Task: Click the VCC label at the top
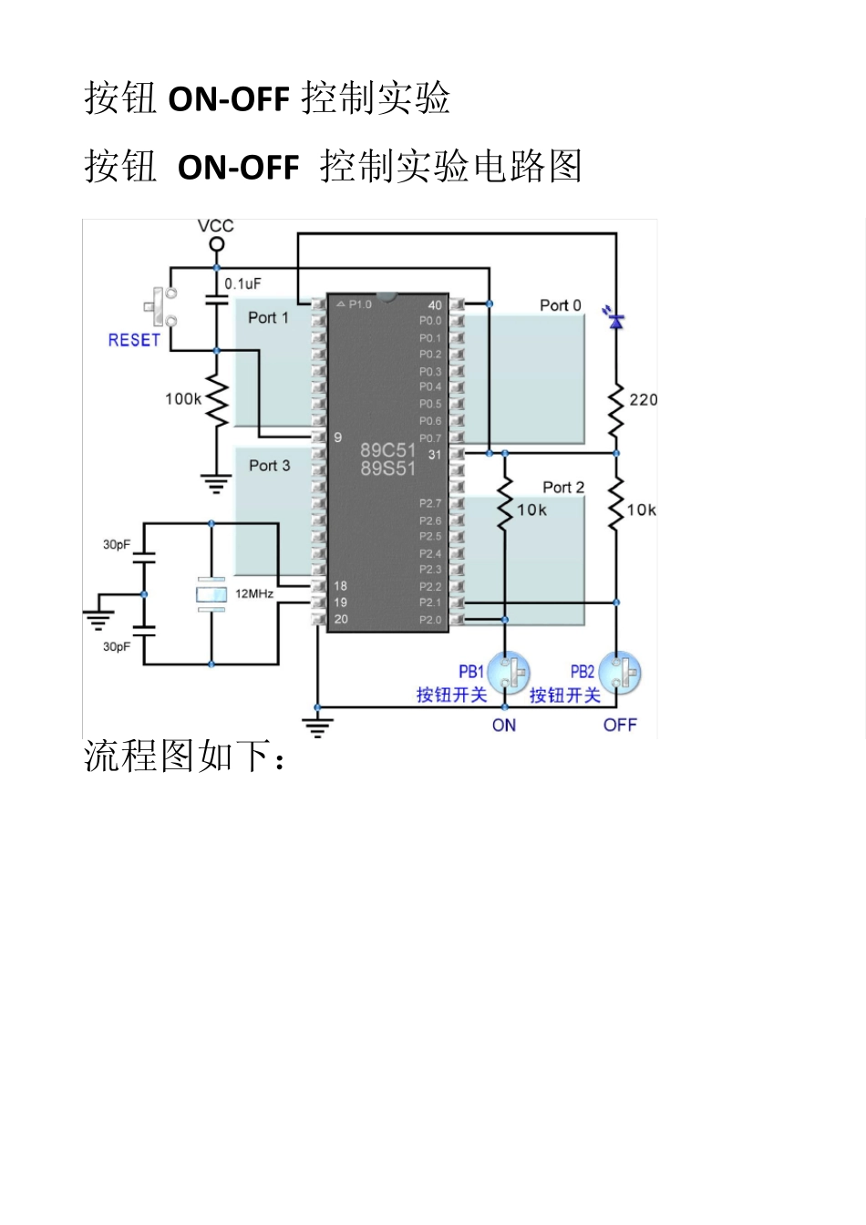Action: pos(216,226)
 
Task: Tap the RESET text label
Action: pos(134,340)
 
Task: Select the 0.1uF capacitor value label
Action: pos(243,284)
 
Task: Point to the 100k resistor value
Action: pos(183,398)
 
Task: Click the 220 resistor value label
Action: pos(643,399)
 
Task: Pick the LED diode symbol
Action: pos(616,321)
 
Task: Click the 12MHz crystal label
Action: pos(254,593)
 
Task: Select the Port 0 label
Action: pos(560,305)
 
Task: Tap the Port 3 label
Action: pos(269,466)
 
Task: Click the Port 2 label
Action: pos(563,488)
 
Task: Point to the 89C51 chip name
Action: pos(387,450)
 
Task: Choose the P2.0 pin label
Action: pos(430,620)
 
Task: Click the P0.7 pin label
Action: pos(430,438)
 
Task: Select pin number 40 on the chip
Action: pos(435,305)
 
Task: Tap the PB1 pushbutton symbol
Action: pos(509,674)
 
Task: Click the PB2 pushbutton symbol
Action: pos(622,674)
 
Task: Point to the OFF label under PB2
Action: pos(620,726)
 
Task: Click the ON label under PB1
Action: pos(504,726)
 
